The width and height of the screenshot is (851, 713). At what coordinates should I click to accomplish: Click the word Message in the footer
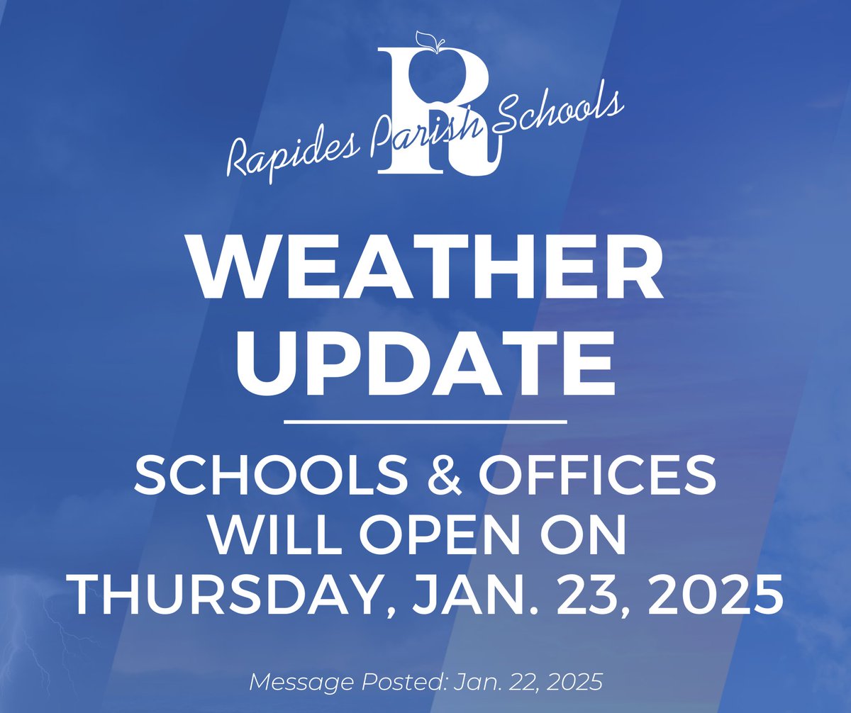(294, 683)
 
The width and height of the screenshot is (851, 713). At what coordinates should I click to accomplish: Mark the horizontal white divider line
(425, 422)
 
